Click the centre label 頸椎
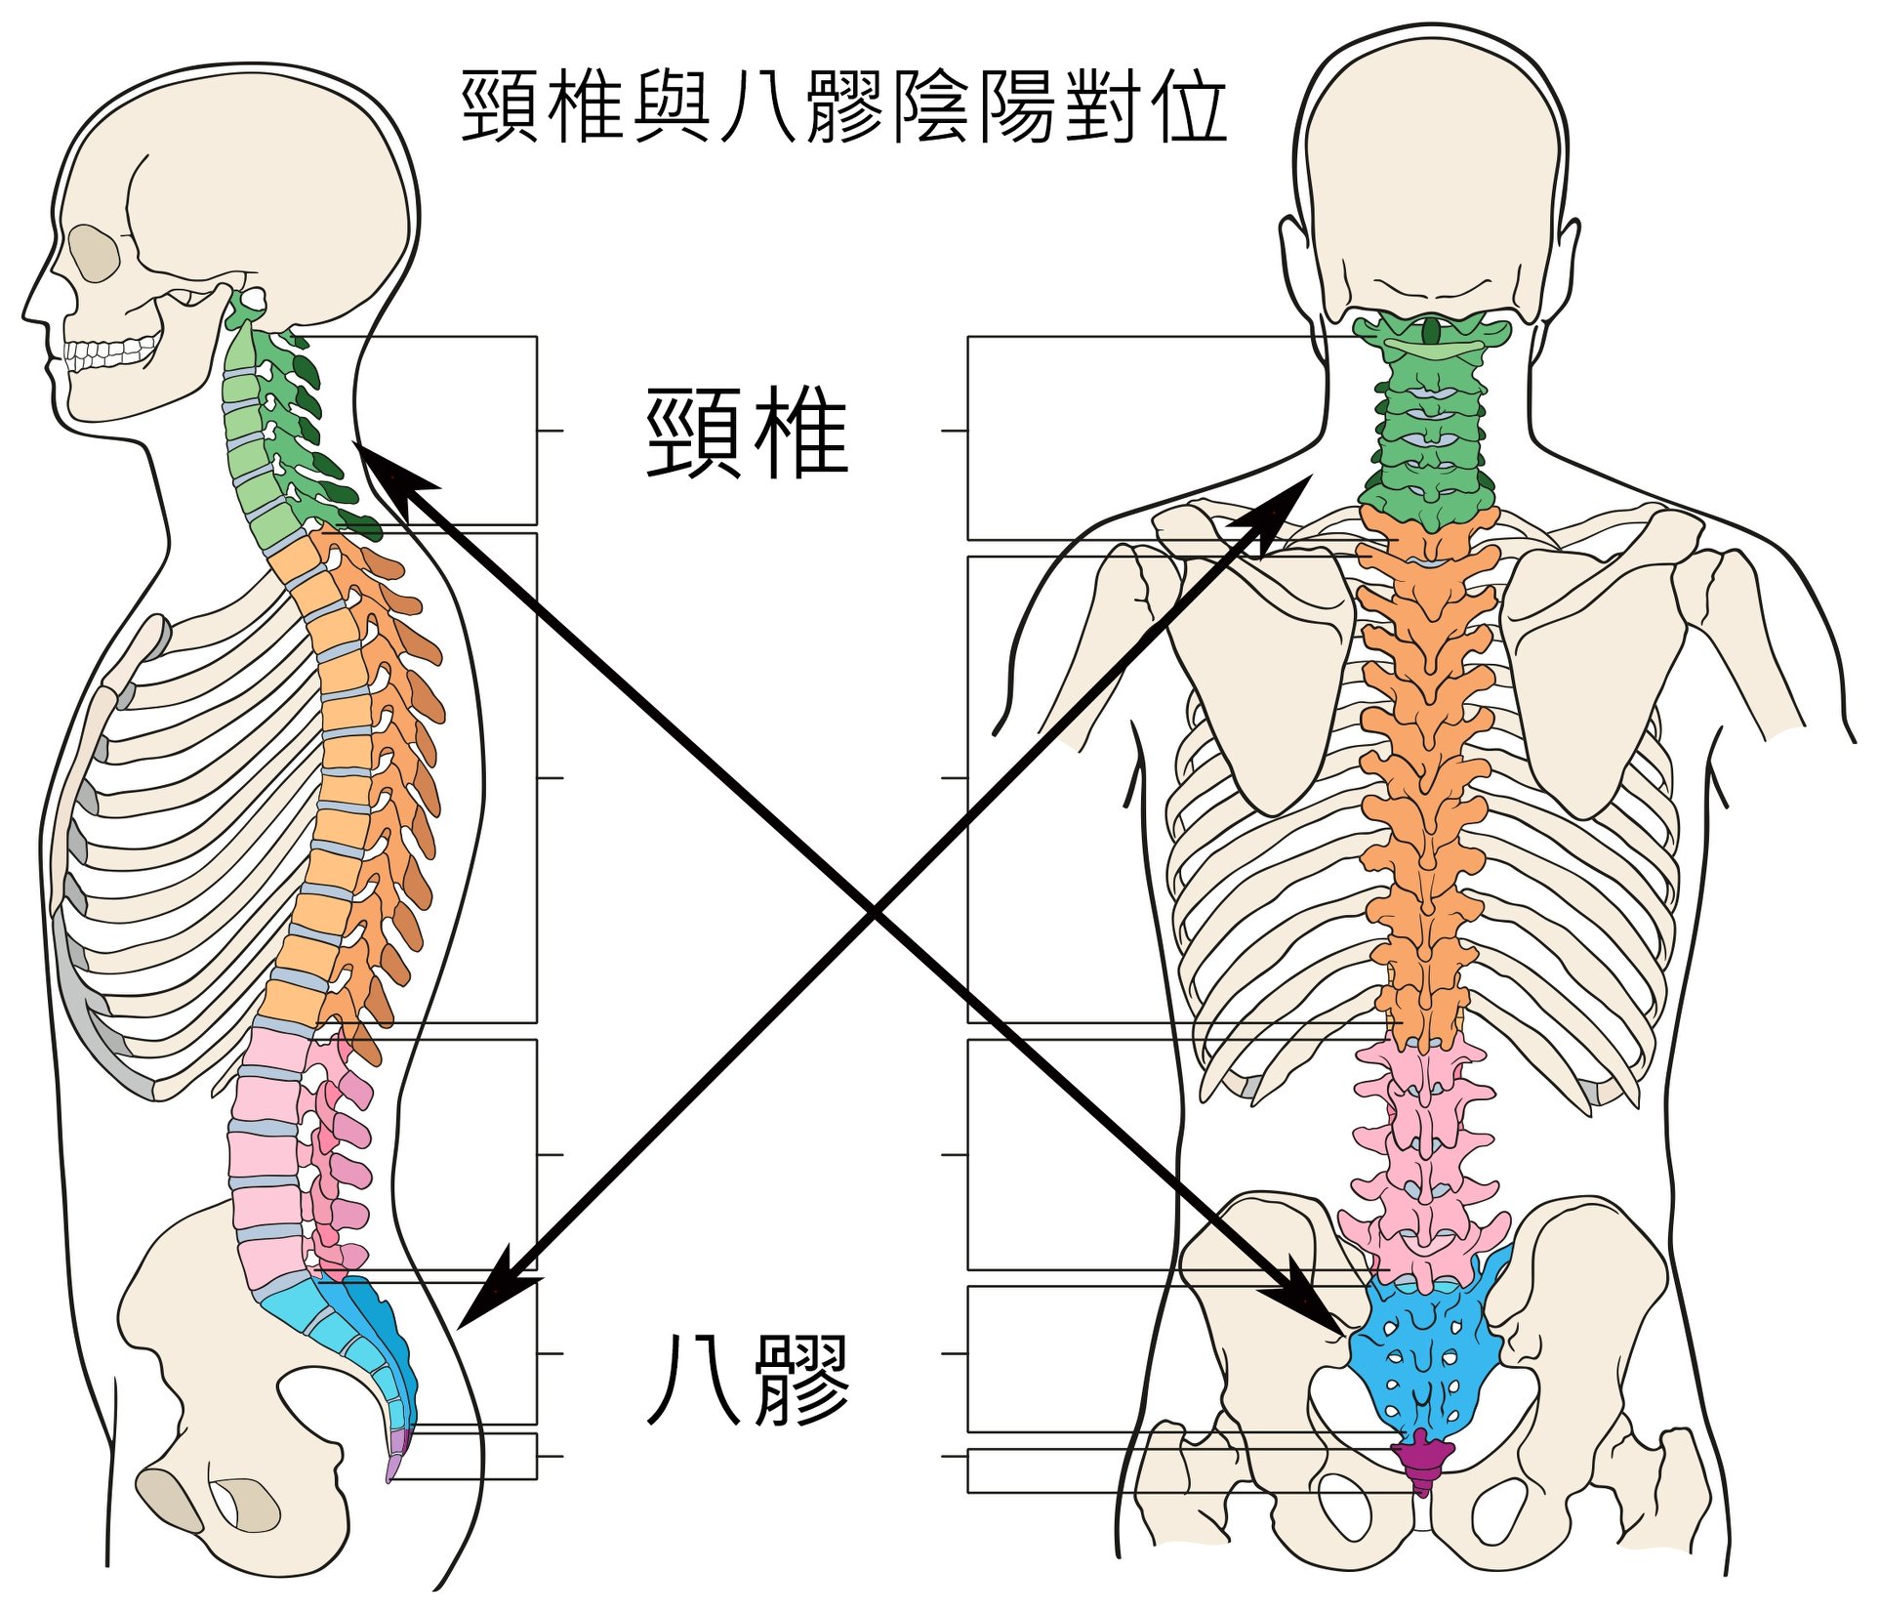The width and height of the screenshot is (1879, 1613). (747, 434)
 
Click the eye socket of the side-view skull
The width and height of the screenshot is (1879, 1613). (96, 254)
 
